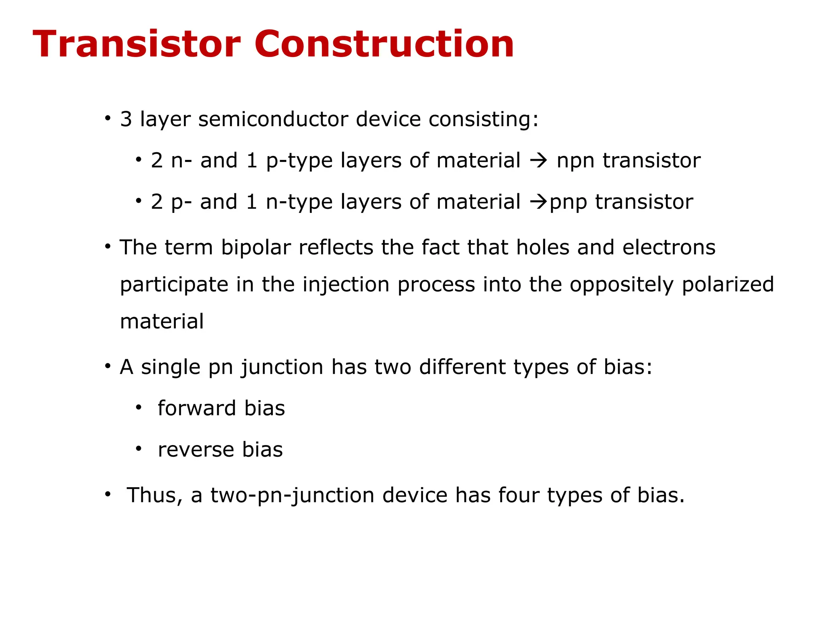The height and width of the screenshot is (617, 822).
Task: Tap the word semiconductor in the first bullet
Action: [273, 119]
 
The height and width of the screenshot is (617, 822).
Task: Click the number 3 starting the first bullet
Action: [126, 119]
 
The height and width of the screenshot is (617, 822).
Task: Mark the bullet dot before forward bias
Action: [138, 408]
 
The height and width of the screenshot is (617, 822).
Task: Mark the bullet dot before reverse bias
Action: [138, 449]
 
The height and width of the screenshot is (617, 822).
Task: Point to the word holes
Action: [543, 247]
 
